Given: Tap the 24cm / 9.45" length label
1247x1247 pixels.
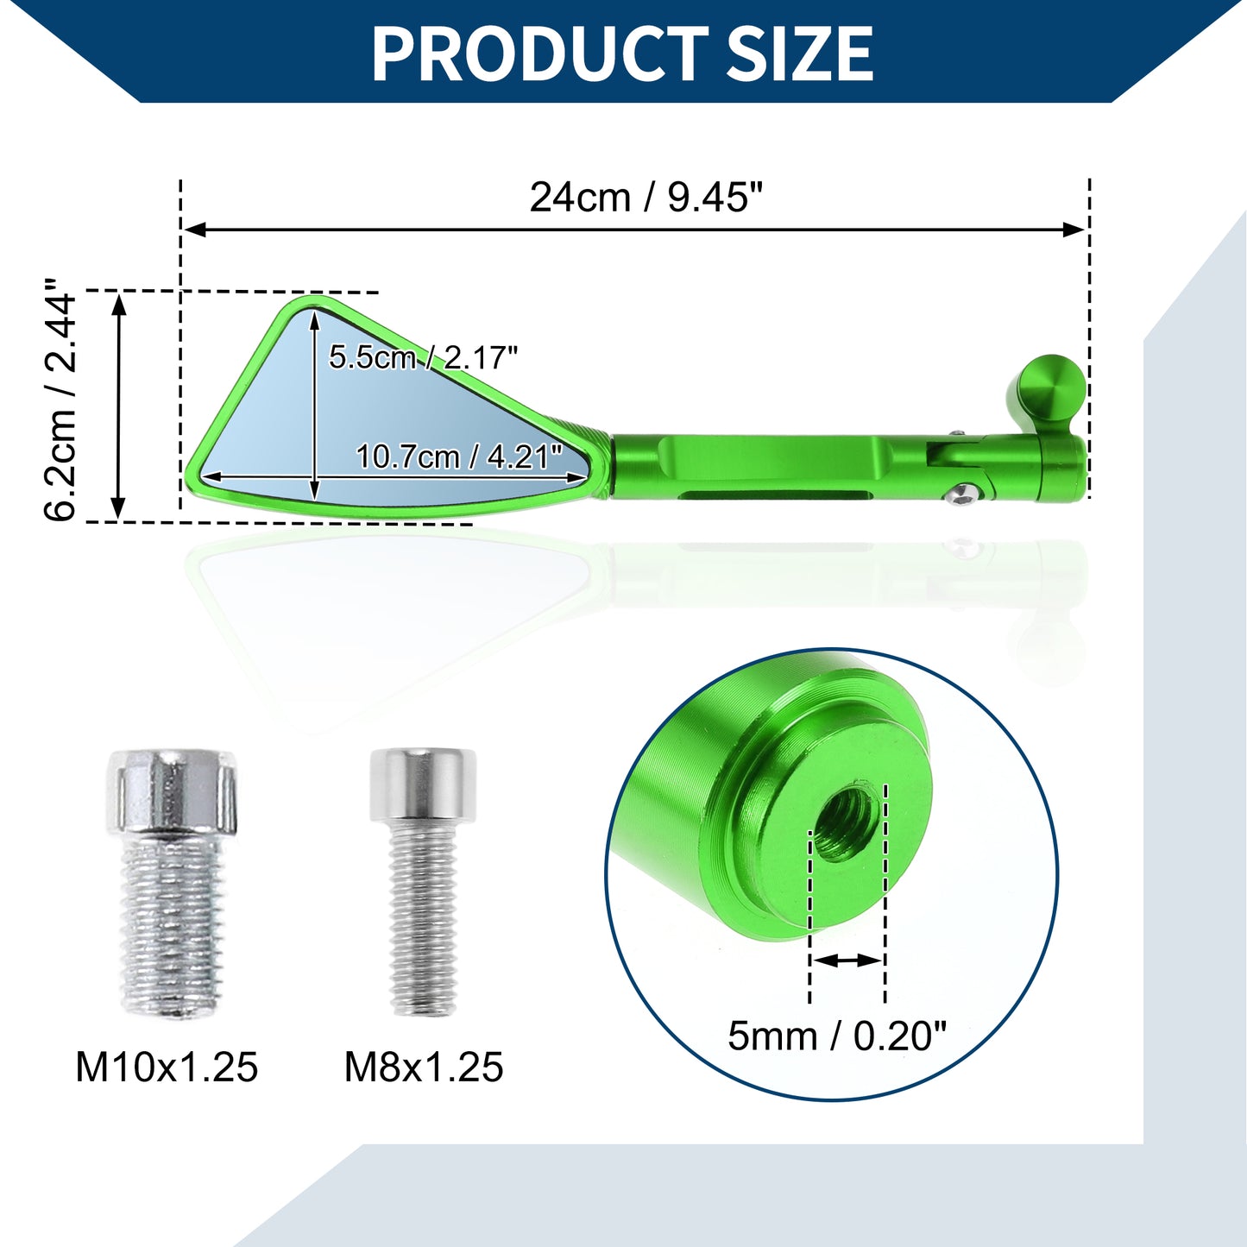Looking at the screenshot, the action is click(x=646, y=198).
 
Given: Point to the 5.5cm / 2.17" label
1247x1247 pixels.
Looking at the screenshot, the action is click(x=424, y=356).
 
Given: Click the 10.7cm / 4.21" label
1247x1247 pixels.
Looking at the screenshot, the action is click(x=459, y=457).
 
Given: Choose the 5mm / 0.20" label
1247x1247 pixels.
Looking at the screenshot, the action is click(x=837, y=1036).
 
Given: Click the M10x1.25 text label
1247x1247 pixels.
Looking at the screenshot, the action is click(x=167, y=1068).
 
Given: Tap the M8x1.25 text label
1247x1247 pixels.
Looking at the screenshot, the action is click(x=424, y=1068).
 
